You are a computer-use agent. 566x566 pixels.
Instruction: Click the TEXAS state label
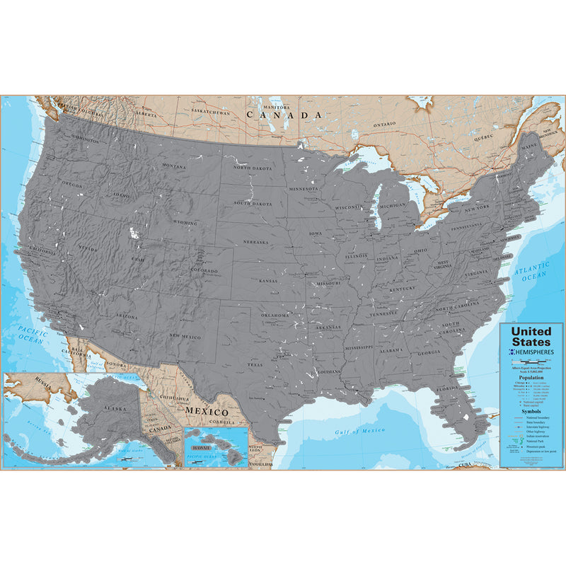(255, 365)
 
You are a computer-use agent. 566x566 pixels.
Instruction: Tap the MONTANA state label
(174, 166)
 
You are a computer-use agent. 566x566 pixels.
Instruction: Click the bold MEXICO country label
(206, 412)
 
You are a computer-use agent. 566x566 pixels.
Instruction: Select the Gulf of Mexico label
(359, 430)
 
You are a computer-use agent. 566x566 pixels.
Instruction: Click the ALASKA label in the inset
(112, 409)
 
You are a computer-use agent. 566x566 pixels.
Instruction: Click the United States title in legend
(531, 337)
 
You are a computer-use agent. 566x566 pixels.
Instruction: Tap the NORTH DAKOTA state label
(253, 168)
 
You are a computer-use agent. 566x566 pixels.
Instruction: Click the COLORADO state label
(204, 270)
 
